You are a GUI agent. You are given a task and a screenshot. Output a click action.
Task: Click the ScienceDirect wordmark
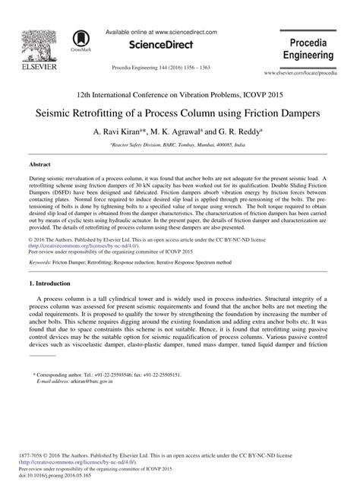point(160,46)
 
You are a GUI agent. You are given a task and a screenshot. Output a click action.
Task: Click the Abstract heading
point(39,164)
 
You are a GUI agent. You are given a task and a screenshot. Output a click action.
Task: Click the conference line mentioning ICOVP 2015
point(180,92)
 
